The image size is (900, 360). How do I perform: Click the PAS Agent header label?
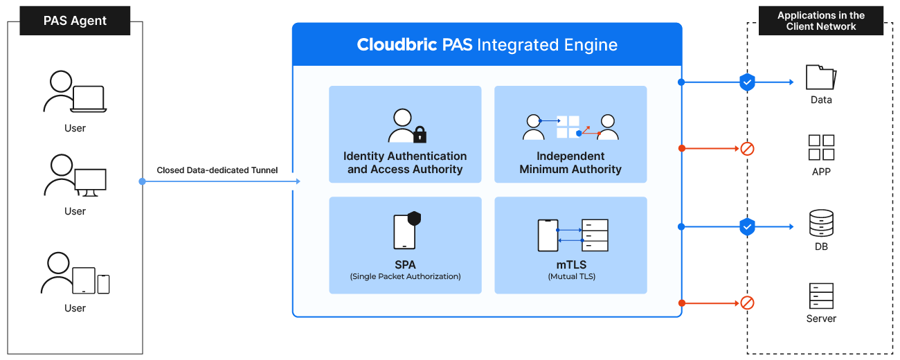click(75, 21)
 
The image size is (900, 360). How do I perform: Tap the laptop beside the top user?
click(89, 99)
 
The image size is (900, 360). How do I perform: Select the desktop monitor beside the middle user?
click(91, 182)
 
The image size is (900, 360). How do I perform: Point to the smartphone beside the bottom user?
click(103, 284)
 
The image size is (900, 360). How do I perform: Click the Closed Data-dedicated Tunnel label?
click(217, 170)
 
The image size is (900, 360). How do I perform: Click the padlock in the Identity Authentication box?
click(420, 134)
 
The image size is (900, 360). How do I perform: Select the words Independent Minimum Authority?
click(570, 162)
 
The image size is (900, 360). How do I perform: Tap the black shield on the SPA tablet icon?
click(414, 219)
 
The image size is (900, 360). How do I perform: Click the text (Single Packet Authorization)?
click(405, 276)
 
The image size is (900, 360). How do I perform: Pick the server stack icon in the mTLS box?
click(595, 235)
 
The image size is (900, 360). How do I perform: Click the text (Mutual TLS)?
click(571, 276)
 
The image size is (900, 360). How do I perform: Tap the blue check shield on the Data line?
click(747, 82)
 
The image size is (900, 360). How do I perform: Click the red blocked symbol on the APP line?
click(747, 149)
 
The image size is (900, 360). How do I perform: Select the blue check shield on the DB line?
click(747, 227)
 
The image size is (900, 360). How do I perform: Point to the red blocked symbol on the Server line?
click(747, 303)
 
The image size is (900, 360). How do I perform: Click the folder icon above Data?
click(821, 77)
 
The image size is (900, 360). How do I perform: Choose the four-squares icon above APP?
click(821, 147)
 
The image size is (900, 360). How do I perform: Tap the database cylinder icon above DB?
click(821, 223)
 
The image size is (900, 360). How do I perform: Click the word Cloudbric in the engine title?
click(397, 44)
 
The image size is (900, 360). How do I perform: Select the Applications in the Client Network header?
click(821, 21)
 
